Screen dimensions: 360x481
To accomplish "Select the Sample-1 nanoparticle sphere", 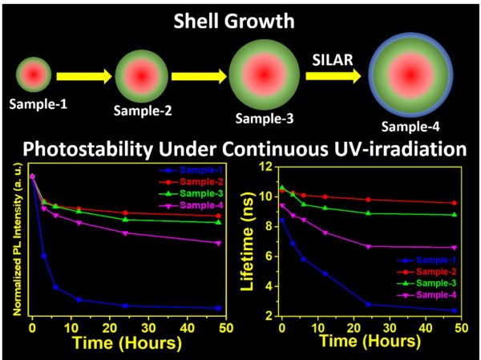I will (33, 75).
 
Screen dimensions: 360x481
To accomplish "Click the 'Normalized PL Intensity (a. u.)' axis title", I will (14, 241).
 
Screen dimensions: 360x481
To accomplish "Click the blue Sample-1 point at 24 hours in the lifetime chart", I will (368, 304).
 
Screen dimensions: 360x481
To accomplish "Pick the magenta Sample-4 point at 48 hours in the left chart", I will (219, 243).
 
